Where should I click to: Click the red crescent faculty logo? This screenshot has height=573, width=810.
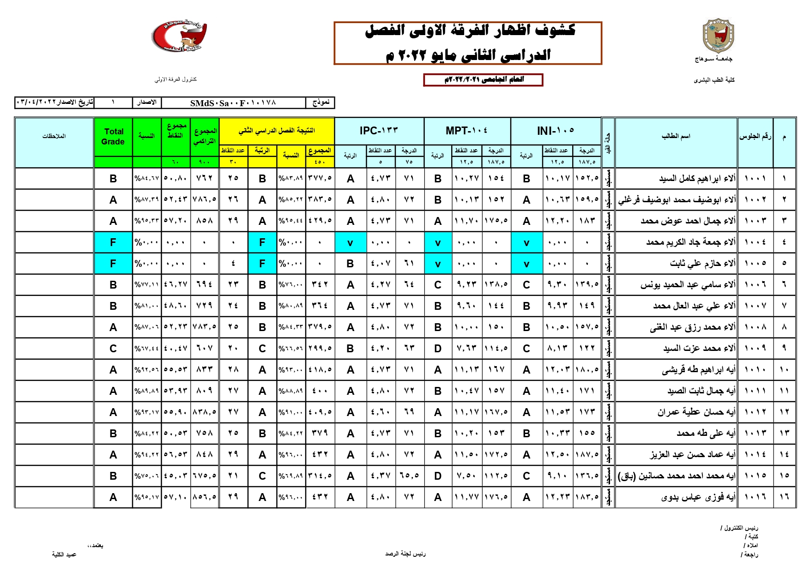(179, 36)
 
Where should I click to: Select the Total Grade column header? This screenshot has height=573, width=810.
(113, 137)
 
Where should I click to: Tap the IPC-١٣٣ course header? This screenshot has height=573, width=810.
(379, 131)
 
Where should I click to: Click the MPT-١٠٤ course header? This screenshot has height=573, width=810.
(466, 131)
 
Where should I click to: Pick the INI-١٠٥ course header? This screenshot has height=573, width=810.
(556, 131)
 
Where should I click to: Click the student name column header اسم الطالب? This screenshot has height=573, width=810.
(676, 137)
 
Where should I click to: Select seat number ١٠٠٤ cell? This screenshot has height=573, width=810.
(755, 242)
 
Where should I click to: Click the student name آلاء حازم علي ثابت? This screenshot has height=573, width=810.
(702, 264)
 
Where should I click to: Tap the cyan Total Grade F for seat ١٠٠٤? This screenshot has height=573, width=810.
(113, 242)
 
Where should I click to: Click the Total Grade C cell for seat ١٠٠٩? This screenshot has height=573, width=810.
(113, 349)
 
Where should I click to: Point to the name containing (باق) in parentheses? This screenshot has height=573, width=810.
(676, 476)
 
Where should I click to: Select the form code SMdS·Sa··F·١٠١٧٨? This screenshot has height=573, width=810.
(233, 103)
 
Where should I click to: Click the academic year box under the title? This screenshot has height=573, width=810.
(483, 80)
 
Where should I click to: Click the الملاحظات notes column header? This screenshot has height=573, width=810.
(54, 137)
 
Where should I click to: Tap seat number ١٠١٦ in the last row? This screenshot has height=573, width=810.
(755, 497)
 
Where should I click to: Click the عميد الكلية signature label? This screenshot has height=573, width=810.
(64, 555)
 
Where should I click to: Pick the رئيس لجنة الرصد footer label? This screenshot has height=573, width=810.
(405, 554)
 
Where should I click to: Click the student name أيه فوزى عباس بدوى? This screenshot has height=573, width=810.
(698, 497)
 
